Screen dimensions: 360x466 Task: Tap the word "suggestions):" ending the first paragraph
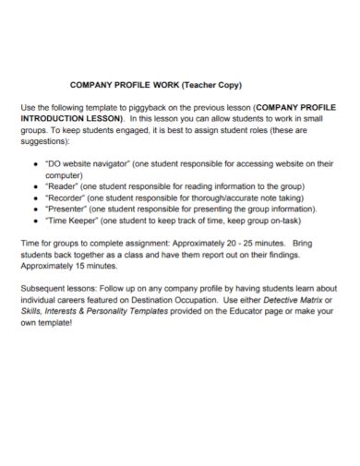46,141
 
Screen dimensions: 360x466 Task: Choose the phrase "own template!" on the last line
48,323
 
